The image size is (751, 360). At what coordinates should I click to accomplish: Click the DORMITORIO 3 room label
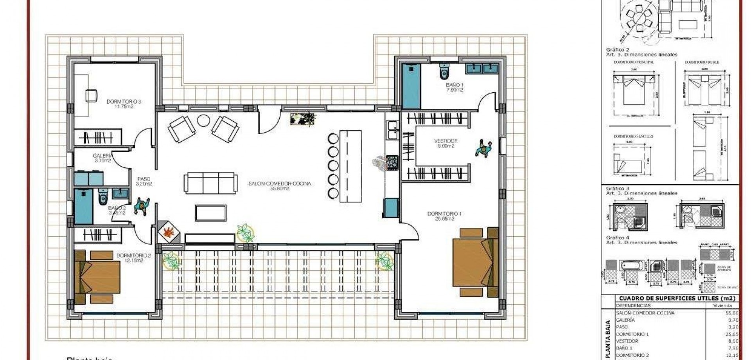[x=124, y=104]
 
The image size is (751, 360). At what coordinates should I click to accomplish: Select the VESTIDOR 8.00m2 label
[x=446, y=144]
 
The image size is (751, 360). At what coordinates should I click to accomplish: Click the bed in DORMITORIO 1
[x=475, y=262]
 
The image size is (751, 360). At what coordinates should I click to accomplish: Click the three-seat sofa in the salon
[x=211, y=182]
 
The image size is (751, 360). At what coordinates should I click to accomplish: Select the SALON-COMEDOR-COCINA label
[x=280, y=185]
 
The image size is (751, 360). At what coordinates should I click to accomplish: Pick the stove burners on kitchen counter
[x=392, y=161]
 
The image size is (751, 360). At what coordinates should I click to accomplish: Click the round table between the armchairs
[x=203, y=120]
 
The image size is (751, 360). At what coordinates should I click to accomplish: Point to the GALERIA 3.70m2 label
[x=102, y=158]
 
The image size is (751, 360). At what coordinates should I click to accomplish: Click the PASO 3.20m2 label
[x=144, y=181]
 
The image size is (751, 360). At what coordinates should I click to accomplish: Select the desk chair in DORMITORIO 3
[x=91, y=95]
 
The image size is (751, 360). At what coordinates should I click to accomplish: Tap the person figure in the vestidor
[x=484, y=149]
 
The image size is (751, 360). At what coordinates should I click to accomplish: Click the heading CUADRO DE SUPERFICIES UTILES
[x=677, y=298]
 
